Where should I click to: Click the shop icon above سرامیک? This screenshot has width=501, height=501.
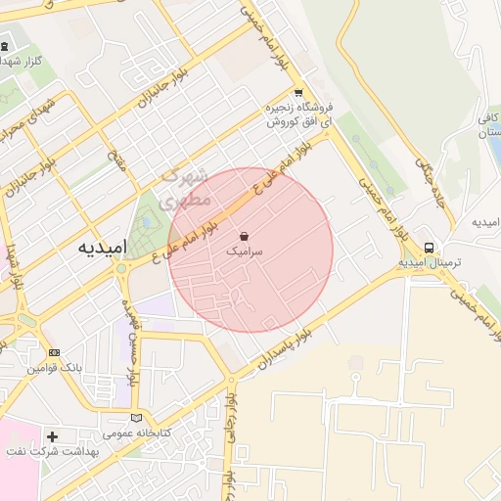[244, 236]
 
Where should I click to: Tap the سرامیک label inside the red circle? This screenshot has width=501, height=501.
[245, 251]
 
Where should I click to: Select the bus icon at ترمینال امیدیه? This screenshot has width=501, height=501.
[430, 248]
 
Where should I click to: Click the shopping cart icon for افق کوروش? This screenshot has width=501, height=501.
[298, 92]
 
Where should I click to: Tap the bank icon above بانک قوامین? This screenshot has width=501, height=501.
[54, 352]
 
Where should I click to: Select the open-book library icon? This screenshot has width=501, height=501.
[135, 418]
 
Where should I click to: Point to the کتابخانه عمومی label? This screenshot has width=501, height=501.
[137, 433]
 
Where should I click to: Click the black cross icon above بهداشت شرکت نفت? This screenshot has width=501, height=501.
[52, 435]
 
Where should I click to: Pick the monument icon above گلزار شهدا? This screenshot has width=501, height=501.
[5, 46]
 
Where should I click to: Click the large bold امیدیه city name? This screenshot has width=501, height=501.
[103, 249]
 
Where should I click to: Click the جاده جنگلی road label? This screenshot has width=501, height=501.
[430, 181]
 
